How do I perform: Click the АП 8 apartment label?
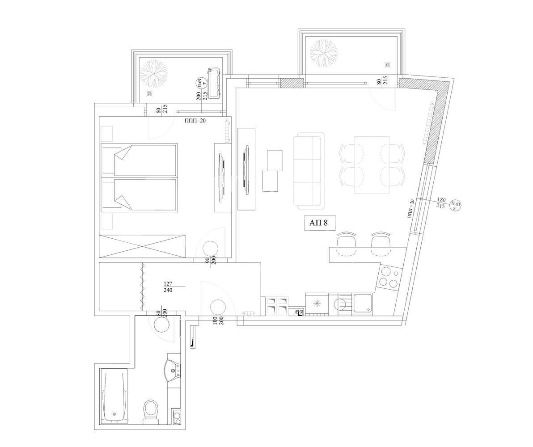click(x=320, y=223)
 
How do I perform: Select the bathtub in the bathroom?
click(x=114, y=396)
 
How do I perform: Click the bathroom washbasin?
click(x=173, y=369)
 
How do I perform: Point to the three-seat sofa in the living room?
click(x=308, y=171)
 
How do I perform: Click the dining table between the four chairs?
click(x=372, y=165)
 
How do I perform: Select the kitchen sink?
click(x=363, y=303)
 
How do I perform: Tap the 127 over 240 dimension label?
click(x=168, y=287)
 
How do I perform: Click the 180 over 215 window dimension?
click(x=440, y=202)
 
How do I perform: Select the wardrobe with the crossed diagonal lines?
click(x=142, y=245)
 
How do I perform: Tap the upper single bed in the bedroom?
click(x=140, y=160)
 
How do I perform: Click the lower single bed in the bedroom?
click(x=140, y=195)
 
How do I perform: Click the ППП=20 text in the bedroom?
click(x=195, y=120)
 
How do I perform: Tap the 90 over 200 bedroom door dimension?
click(x=210, y=260)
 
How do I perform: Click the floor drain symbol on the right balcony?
click(x=388, y=65)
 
